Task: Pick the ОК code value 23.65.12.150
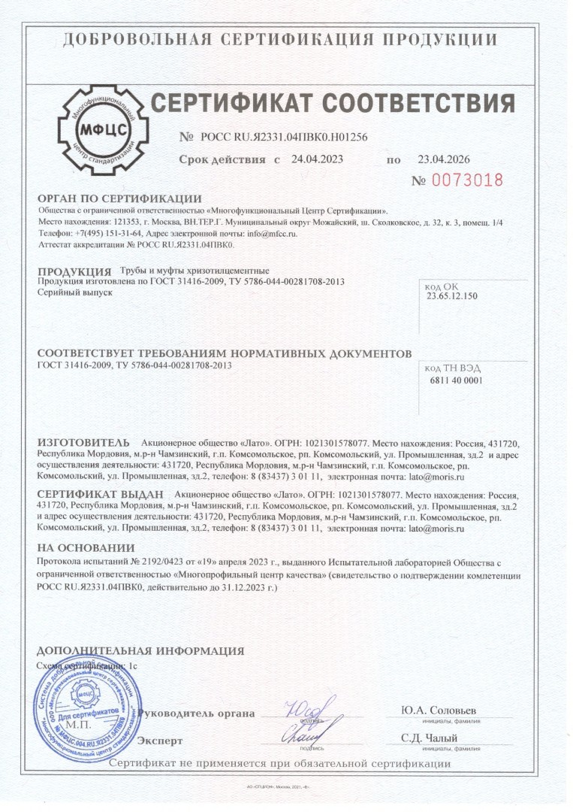(452, 296)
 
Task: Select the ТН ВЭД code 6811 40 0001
(454, 380)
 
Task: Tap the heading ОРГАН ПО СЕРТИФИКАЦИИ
(108, 198)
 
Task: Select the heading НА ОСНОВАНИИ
(86, 548)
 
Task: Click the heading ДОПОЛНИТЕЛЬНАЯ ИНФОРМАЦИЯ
(140, 651)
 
